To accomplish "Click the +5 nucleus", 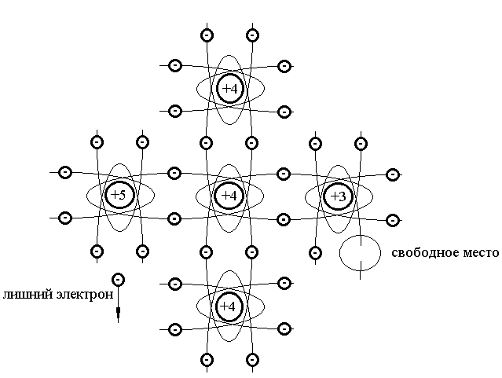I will pos(119,195).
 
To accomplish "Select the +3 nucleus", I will pos(338,195).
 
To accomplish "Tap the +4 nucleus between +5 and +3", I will pos(229,195).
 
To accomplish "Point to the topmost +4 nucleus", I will pos(229,89).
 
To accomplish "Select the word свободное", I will pos(425,253).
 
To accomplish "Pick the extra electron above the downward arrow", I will pos(118,279).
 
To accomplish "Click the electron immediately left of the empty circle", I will pos(315,252).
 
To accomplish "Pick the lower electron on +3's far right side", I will pos(393,217).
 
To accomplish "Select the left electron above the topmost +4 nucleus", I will pos(207,35).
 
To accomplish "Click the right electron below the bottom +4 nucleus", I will pos(251,360).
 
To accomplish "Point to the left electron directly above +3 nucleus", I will pos(315,143).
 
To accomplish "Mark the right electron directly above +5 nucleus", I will pos(142,143).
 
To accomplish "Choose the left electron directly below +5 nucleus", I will pos(97,251).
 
